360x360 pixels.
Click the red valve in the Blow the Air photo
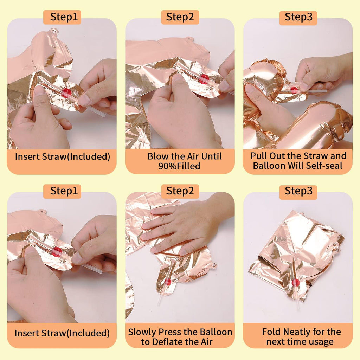coord(204,79)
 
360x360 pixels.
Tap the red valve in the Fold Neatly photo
coord(296,282)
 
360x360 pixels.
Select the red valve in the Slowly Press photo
coord(168,282)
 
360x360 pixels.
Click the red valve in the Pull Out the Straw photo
coord(294,90)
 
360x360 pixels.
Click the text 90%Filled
coord(179,166)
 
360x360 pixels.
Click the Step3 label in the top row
coord(298,17)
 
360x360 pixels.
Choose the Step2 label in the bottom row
coord(180,191)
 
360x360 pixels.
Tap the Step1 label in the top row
coord(62,17)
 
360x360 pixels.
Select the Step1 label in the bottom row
coord(62,191)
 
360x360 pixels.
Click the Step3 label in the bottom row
coord(298,191)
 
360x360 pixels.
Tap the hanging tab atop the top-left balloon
coord(54,31)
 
